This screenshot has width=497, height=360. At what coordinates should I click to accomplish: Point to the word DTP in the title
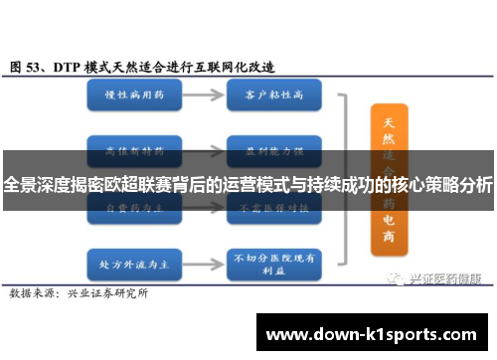(69, 67)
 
